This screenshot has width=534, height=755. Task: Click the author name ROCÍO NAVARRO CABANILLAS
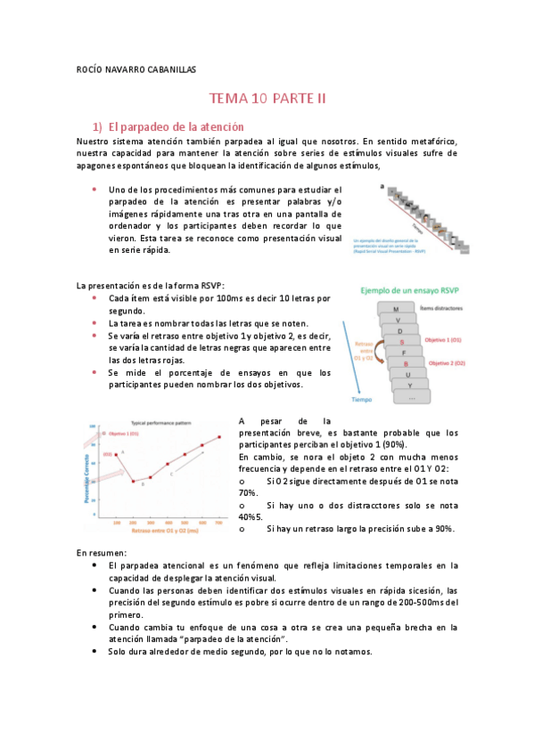pyautogui.click(x=136, y=69)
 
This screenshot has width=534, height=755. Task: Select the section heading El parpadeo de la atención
pyautogui.click(x=176, y=127)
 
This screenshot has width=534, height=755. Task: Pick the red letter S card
pyautogui.click(x=402, y=342)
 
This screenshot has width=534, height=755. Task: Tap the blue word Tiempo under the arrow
pyautogui.click(x=361, y=400)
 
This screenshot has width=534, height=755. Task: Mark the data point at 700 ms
pyautogui.click(x=218, y=437)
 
